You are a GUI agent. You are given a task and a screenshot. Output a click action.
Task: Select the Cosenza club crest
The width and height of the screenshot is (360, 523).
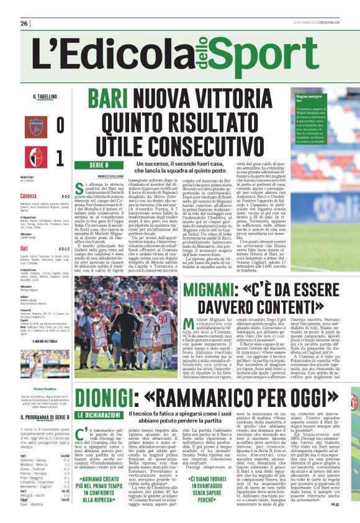point(35,124)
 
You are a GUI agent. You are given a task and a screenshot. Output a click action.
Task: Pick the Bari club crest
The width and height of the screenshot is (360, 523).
point(35,155)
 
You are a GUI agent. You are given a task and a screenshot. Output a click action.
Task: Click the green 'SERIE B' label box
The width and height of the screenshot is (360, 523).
point(99,165)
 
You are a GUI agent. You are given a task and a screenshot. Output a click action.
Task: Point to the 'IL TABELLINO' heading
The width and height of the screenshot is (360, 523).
point(45,97)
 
